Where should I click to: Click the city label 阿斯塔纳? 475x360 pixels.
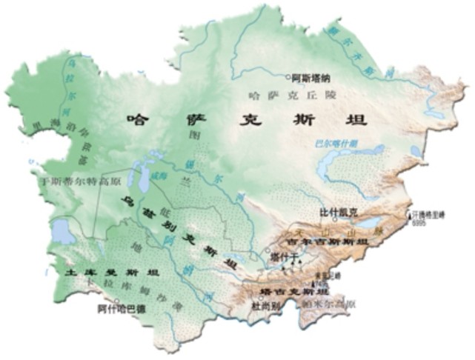(x=312, y=76)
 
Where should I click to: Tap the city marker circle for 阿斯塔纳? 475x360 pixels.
(x=289, y=76)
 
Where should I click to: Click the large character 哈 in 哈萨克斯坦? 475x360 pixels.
(x=137, y=119)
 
